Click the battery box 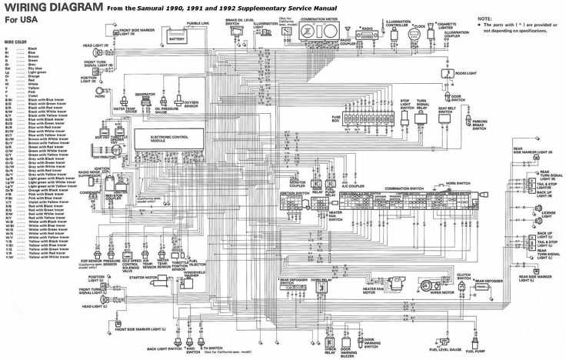[177, 37]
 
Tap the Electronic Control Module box [169, 139]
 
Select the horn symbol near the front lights [99, 89]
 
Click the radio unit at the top [368, 33]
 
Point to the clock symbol [420, 32]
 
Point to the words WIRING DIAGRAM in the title [52, 8]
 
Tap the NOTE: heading [484, 17]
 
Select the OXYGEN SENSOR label [191, 104]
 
